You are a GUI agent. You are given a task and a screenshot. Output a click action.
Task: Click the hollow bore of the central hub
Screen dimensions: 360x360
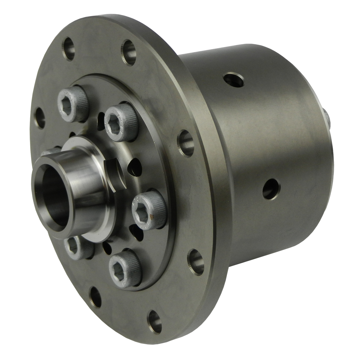pos(54,196)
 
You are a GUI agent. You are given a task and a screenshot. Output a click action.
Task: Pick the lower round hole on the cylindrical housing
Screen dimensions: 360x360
pos(271,189)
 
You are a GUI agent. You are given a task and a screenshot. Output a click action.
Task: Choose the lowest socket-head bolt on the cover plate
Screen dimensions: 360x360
pos(124,269)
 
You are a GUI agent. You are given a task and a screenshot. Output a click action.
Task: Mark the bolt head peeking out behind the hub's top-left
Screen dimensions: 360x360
pos(50,151)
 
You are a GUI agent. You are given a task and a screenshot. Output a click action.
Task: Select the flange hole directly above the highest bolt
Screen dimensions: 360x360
pos(68,49)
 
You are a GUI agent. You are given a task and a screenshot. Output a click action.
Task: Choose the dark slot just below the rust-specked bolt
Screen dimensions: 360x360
pos(136,230)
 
